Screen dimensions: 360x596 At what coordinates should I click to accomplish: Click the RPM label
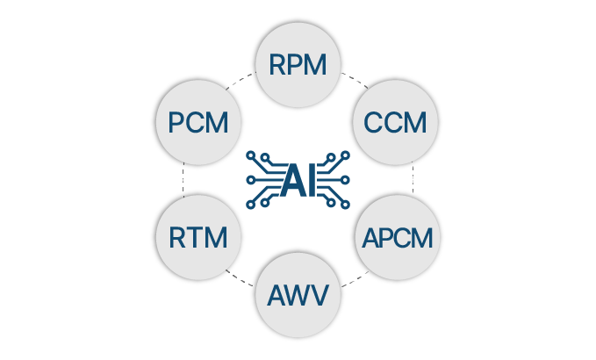tap(298, 65)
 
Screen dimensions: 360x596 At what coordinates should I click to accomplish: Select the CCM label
tap(395, 122)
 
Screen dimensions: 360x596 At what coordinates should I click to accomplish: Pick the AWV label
tap(298, 294)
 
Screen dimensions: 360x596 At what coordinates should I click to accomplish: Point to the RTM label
tap(198, 237)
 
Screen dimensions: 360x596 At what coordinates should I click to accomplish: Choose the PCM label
tap(198, 122)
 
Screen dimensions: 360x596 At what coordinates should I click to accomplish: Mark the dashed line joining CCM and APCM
tap(413, 179)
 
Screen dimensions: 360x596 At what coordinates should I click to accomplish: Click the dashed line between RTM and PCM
tap(183, 179)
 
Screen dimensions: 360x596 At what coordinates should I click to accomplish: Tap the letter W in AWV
tap(298, 294)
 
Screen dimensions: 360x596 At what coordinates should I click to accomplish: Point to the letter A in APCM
tap(371, 237)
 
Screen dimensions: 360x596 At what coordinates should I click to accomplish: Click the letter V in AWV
tap(320, 294)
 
